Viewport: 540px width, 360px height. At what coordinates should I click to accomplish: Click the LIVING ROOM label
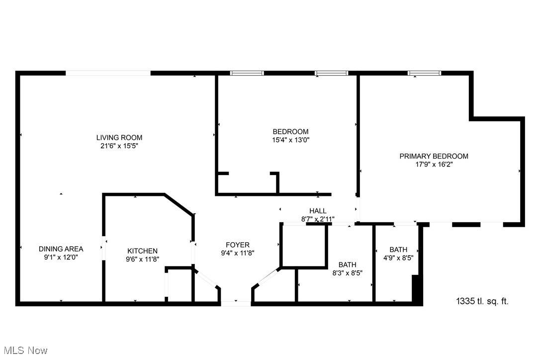coord(119,138)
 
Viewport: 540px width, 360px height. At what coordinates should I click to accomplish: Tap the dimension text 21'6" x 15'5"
coord(119,146)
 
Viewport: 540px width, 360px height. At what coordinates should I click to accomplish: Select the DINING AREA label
coord(61,249)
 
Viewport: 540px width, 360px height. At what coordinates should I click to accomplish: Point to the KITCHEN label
coord(142,251)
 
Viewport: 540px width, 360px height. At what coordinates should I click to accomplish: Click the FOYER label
coord(238,245)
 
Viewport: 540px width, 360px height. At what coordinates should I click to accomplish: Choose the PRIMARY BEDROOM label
coord(434,156)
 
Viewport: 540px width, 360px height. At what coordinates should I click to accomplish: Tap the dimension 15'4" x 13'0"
coord(290,140)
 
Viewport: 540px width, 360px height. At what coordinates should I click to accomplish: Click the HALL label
coord(318,211)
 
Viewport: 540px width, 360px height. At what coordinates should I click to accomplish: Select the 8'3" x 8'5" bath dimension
coord(347,272)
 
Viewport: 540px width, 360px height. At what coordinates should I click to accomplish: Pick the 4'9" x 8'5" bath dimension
coord(398,258)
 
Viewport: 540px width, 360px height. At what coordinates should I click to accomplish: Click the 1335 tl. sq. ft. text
coord(482,301)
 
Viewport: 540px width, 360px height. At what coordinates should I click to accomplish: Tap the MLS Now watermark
coord(24,351)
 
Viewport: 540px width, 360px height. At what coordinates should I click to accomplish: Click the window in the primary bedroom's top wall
coord(424,74)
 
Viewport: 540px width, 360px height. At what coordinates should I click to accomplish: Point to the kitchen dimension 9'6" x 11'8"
coord(142,259)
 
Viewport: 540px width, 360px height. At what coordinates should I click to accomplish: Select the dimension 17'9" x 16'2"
coord(434,164)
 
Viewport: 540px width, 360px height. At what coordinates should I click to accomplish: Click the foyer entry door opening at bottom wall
coord(236,303)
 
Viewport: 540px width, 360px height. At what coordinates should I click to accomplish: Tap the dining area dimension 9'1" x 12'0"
coord(61,257)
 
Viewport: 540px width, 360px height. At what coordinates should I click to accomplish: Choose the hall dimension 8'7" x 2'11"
coord(318,219)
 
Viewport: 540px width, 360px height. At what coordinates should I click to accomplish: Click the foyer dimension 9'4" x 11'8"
coord(238,253)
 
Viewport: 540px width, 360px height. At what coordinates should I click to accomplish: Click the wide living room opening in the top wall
coord(108,74)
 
